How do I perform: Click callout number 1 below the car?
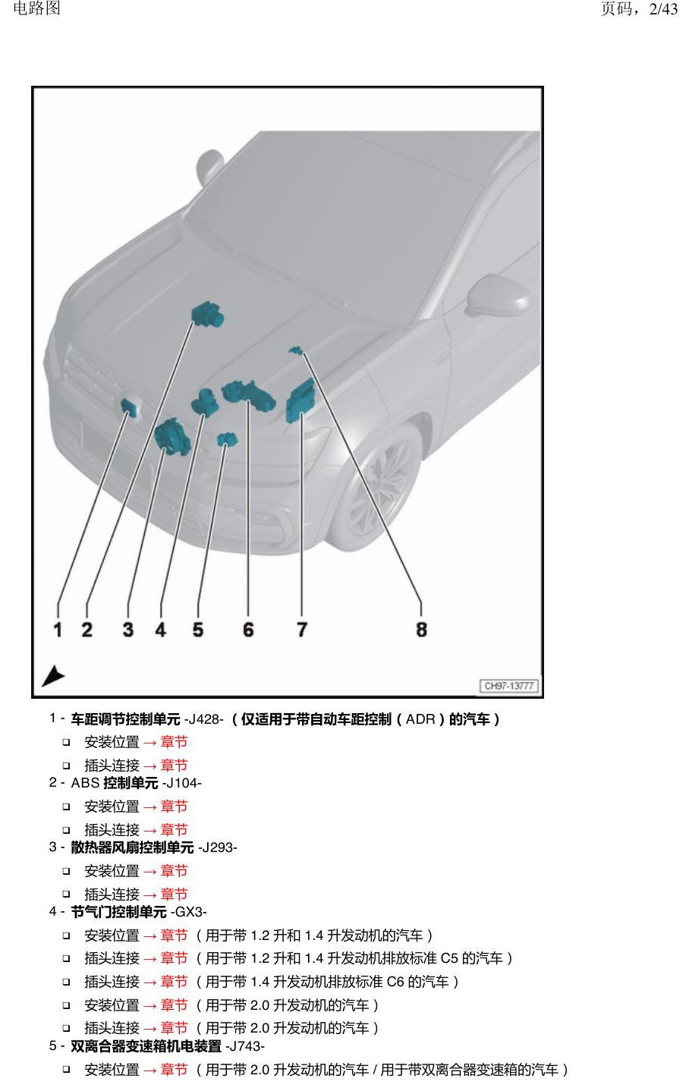pyautogui.click(x=58, y=629)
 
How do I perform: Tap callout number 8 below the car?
pyautogui.click(x=421, y=629)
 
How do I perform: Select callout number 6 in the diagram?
pyautogui.click(x=248, y=629)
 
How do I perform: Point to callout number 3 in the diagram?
pyautogui.click(x=128, y=629)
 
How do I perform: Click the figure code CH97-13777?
pyautogui.click(x=509, y=686)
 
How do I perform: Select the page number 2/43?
pyautogui.click(x=663, y=9)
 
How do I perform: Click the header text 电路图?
pyautogui.click(x=36, y=8)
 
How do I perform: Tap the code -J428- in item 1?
pyautogui.click(x=203, y=719)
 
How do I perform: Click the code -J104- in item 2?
pyautogui.click(x=182, y=783)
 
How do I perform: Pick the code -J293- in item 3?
pyautogui.click(x=217, y=847)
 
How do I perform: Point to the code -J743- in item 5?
pyautogui.click(x=245, y=1046)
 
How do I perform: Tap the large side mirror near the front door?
pyautogui.click(x=498, y=294)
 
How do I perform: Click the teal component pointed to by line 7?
pyautogui.click(x=300, y=401)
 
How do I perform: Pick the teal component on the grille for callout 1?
pyautogui.click(x=130, y=406)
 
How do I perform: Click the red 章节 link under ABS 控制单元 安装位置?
pyautogui.click(x=174, y=806)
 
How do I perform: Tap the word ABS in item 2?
pyautogui.click(x=85, y=783)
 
